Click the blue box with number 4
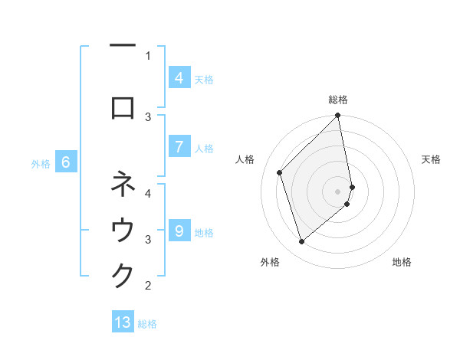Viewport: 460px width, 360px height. pyautogui.click(x=179, y=77)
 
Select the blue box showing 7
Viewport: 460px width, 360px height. pyautogui.click(x=179, y=146)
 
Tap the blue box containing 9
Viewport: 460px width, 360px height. pyautogui.click(x=179, y=231)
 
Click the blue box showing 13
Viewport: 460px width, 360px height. pyautogui.click(x=123, y=322)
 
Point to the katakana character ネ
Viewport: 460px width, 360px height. pyautogui.click(x=123, y=185)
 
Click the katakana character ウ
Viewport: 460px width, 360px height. pyautogui.click(x=123, y=231)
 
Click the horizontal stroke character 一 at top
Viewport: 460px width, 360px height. pyautogui.click(x=123, y=47)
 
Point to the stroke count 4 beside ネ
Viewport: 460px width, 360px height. pyautogui.click(x=148, y=193)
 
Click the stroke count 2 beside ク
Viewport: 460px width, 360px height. pyautogui.click(x=148, y=286)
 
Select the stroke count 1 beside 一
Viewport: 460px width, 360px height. pyautogui.click(x=148, y=55)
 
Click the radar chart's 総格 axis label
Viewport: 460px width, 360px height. pyautogui.click(x=338, y=100)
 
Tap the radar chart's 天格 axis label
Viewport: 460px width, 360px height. pyautogui.click(x=432, y=159)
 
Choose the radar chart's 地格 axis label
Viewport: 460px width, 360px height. pyautogui.click(x=402, y=262)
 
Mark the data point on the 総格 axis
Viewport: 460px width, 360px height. pyautogui.click(x=337, y=116)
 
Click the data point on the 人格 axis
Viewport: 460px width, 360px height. pyautogui.click(x=280, y=172)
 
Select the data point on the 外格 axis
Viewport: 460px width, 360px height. pyautogui.click(x=301, y=241)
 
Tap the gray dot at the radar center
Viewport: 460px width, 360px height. pyautogui.click(x=338, y=191)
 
